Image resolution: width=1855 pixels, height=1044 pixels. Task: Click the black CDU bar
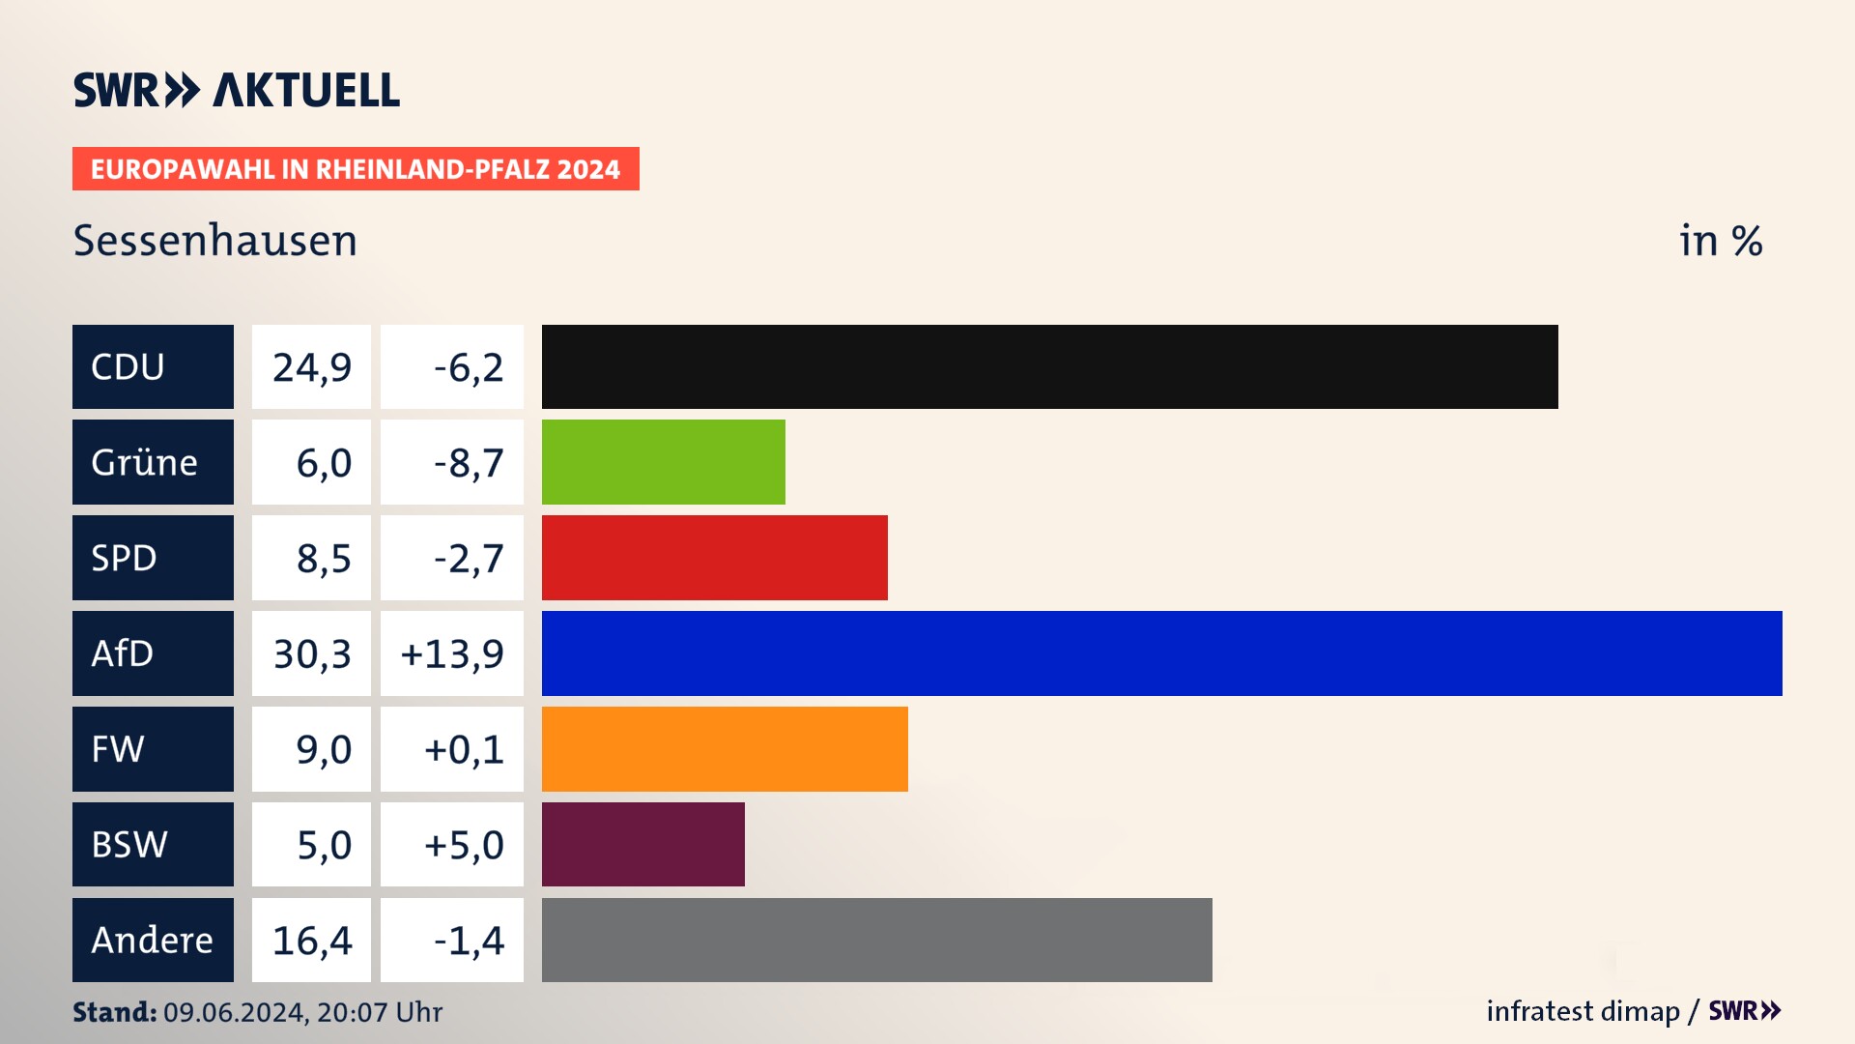pos(1049,367)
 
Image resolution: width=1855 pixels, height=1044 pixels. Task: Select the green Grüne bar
pos(663,462)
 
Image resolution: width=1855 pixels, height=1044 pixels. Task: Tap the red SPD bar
pos(714,558)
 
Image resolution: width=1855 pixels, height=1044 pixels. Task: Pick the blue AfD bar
pos(1161,653)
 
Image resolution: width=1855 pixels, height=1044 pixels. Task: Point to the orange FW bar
pos(725,749)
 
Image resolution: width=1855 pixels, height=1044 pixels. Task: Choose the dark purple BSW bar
pos(642,844)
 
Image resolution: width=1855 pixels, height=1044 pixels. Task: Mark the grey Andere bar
pos(876,940)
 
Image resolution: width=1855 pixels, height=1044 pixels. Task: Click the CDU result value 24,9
pos(311,367)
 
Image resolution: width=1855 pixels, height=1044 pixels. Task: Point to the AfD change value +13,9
pos(452,653)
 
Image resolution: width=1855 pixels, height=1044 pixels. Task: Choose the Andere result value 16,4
pos(311,940)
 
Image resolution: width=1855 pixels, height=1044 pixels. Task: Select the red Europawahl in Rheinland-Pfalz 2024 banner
pos(356,169)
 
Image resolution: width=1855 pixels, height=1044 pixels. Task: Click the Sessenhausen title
pos(215,241)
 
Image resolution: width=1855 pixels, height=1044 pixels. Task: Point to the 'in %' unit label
pos(1721,241)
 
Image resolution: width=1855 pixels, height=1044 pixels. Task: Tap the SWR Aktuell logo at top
pos(237,90)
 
